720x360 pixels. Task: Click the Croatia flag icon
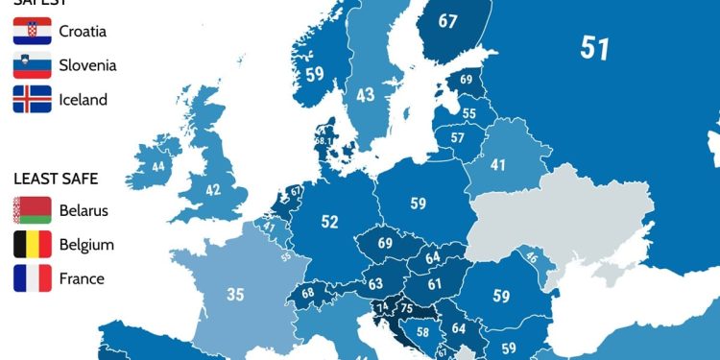coord(32,32)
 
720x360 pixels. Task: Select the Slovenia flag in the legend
coord(32,65)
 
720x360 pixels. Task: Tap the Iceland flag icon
coord(32,99)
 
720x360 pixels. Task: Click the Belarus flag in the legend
coord(32,211)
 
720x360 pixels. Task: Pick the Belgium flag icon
coord(32,245)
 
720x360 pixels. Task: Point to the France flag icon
coord(32,278)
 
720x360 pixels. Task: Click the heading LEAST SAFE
coord(56,179)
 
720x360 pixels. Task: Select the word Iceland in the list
coord(84,99)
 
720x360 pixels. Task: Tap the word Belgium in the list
coord(86,245)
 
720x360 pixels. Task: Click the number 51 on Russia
coord(594,48)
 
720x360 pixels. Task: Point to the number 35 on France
coord(235,294)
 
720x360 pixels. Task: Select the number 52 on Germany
coord(329,222)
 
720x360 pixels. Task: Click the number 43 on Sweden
coord(365,95)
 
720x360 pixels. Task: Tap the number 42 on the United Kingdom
coord(212,190)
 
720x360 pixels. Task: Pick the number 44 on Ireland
coord(157,166)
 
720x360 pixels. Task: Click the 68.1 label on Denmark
coord(324,141)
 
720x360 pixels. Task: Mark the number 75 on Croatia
coord(406,308)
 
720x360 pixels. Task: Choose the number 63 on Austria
coord(375,283)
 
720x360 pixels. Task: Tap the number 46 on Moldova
coord(530,257)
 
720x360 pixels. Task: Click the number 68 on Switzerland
coord(307,293)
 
